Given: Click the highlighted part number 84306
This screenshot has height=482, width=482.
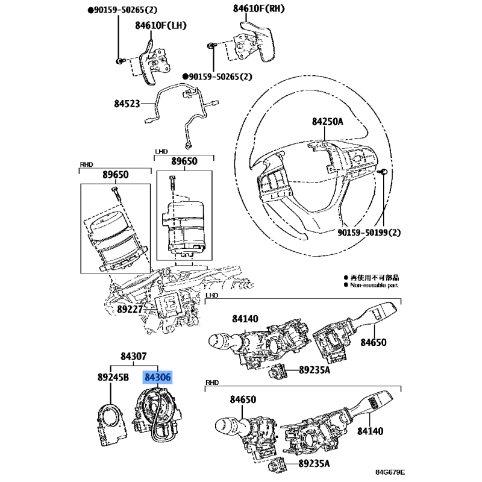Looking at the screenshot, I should tap(157, 378).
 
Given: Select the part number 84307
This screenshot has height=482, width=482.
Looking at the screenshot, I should tap(133, 356).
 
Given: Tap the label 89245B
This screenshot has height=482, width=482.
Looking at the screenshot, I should tap(113, 378).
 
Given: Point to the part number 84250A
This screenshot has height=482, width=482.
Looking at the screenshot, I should tap(327, 122).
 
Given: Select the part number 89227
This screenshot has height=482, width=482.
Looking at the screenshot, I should tap(130, 310).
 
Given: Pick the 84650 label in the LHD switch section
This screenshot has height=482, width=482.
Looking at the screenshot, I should tap(374, 343).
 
